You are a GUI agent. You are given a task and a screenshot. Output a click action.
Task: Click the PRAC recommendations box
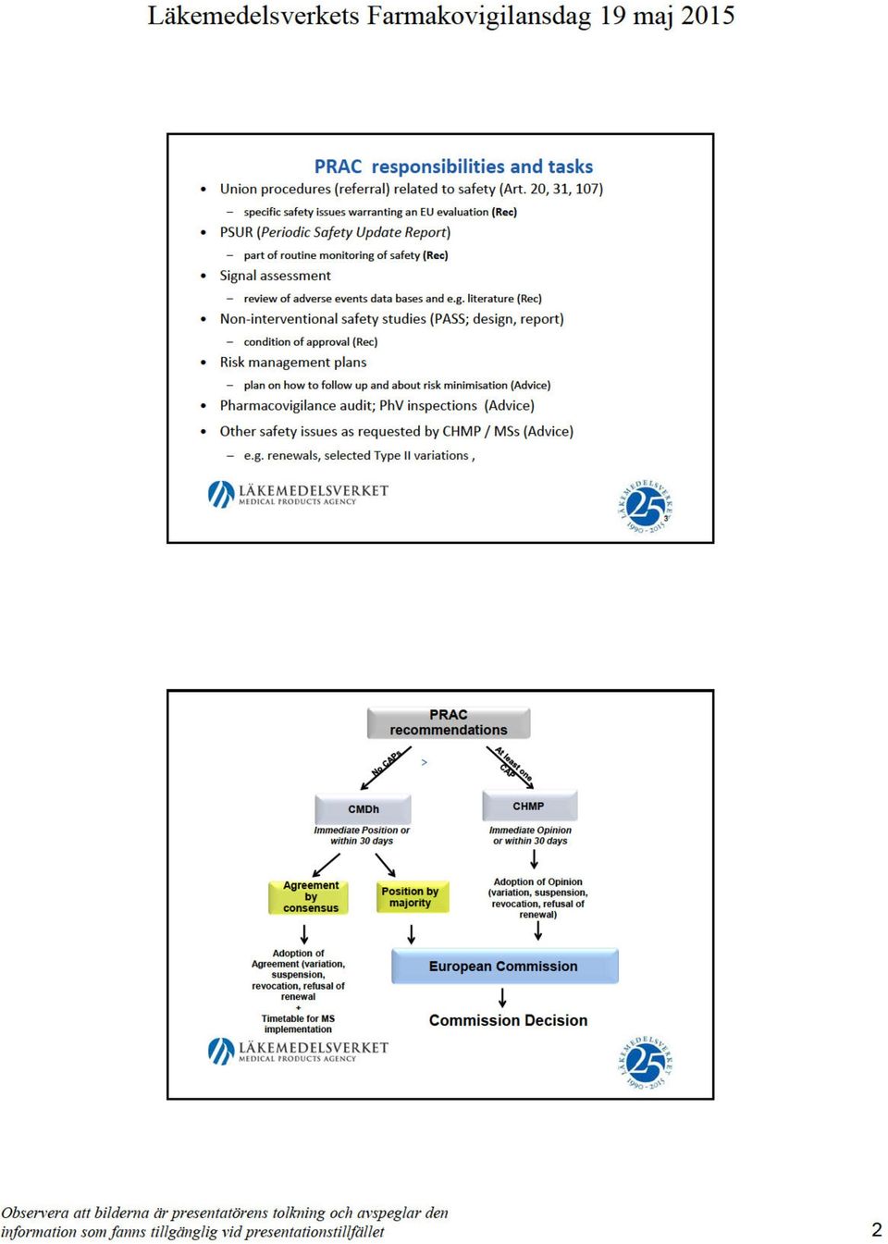[x=449, y=722]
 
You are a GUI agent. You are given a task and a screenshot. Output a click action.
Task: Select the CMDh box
[x=363, y=809]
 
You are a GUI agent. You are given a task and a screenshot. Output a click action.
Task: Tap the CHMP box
[x=529, y=806]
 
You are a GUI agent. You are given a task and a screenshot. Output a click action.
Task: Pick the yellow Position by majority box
[x=412, y=897]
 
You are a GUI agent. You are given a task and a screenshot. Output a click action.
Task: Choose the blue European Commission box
[x=504, y=966]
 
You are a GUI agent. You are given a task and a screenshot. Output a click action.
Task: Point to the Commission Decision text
[x=508, y=1020]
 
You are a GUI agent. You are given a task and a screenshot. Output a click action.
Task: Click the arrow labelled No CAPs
[x=386, y=768]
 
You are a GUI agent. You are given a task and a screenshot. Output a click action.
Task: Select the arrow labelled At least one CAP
[x=510, y=768]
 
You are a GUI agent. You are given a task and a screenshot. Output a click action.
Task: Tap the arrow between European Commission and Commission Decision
[x=502, y=997]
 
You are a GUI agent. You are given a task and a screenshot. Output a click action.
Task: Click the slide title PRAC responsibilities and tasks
[x=453, y=166]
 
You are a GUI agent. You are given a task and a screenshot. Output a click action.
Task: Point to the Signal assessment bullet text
[x=275, y=276]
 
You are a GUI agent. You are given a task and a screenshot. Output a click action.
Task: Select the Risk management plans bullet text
[x=292, y=363]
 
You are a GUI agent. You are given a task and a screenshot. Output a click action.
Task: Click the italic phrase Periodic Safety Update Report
[x=353, y=232]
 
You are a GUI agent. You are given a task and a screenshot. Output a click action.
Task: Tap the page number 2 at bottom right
[x=877, y=1229]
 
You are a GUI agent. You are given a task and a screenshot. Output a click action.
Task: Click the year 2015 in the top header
[x=708, y=16]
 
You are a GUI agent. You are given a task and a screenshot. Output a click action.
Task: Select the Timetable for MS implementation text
[x=298, y=1024]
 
